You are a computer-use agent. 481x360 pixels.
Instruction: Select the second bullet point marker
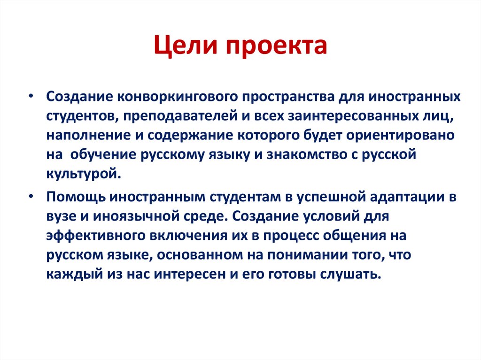pyautogui.click(x=31, y=197)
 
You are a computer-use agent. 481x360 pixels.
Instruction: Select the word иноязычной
pyautogui.click(x=146, y=217)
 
